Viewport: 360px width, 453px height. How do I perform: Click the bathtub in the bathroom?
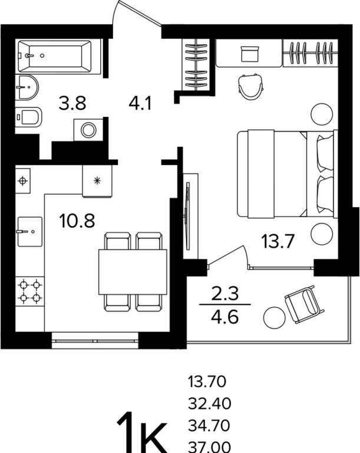55,56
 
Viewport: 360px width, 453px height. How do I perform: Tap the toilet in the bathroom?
28,116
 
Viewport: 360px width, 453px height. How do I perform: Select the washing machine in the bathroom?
88,130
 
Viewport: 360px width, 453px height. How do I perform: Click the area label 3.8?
72,103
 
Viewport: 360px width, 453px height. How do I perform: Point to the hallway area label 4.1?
140,103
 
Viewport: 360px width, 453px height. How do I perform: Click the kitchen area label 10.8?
77,221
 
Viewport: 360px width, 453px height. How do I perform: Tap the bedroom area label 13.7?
277,241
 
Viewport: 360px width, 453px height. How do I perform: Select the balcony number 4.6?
225,317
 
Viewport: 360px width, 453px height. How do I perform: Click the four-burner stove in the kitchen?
29,291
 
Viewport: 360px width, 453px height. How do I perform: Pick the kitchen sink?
30,232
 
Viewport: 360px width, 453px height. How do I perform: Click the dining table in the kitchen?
133,272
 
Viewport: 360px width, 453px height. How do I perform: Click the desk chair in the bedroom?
251,86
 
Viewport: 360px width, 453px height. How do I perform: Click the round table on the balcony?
275,317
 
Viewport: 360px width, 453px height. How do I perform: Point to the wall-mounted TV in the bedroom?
187,215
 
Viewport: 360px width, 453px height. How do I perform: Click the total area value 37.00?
210,447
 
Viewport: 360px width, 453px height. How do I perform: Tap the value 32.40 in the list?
210,403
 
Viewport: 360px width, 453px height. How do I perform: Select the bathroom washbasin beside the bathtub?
27,87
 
